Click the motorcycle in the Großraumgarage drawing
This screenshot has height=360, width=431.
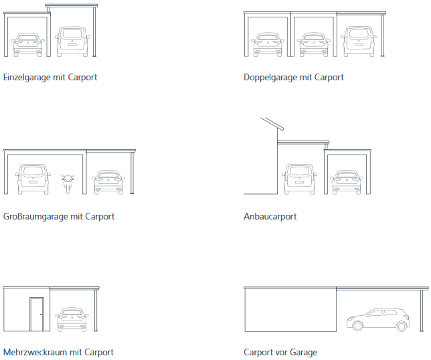(x=68, y=183)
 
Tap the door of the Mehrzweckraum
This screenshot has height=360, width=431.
(x=37, y=314)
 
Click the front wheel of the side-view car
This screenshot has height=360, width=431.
(x=357, y=326)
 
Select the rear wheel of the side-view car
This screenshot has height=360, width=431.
(x=402, y=326)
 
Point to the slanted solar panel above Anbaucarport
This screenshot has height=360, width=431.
(x=272, y=124)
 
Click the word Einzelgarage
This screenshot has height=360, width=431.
(x=26, y=78)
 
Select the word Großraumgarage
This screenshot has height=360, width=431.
(x=35, y=217)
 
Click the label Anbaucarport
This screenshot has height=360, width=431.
(x=270, y=217)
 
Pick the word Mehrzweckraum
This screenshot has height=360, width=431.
(x=35, y=353)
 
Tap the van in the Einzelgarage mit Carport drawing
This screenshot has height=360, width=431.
(x=72, y=41)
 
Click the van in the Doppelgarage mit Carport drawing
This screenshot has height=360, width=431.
(x=359, y=41)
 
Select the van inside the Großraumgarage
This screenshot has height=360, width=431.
(x=33, y=179)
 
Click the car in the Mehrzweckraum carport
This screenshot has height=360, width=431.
(x=72, y=320)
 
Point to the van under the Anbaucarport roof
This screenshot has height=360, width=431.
(x=299, y=179)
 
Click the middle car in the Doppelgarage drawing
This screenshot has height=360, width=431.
(x=314, y=45)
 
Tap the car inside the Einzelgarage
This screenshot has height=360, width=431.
(x=27, y=45)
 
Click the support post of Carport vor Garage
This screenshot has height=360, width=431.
(x=422, y=310)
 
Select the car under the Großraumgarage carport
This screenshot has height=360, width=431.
(x=108, y=182)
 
